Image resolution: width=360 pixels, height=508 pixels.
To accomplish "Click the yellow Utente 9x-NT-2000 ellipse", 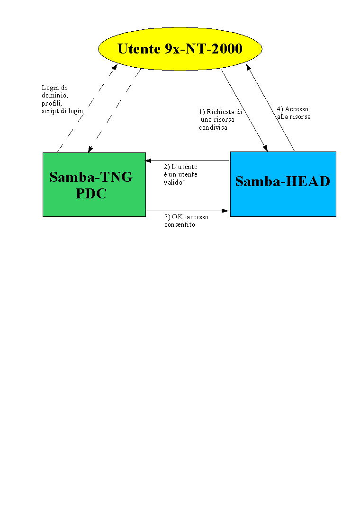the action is pos(180,49).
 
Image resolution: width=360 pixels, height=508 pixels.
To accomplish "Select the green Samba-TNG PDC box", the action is pos(94,184).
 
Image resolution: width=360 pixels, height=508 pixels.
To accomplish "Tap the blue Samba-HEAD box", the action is pos(283,184).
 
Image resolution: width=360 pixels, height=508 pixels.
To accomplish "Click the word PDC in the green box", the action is pos(91,194).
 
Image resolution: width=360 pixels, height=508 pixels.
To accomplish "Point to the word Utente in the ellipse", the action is pos(139,49).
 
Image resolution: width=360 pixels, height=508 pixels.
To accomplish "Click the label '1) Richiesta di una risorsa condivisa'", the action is pos(220,120).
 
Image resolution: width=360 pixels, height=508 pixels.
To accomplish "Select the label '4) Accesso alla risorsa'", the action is pos(294,113).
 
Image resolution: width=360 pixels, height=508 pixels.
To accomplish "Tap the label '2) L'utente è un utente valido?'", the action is pos(180,174).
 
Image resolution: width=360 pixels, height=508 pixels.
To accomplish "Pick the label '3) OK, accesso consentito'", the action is pos(186,221).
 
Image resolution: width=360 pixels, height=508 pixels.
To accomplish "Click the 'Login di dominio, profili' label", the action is pos(55,95).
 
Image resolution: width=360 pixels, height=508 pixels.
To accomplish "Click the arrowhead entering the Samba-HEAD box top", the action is pos(265,148).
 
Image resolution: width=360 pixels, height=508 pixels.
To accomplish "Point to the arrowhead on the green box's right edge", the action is pos(148,160).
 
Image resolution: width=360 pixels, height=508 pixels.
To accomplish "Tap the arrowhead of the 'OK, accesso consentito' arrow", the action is pos(225,211).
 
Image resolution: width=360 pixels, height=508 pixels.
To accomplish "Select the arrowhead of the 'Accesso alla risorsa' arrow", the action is pos(248,67).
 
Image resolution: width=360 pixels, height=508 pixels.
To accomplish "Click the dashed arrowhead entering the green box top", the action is pos(90,149).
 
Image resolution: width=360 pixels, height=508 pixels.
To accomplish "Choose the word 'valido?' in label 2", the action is pos(175,182).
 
